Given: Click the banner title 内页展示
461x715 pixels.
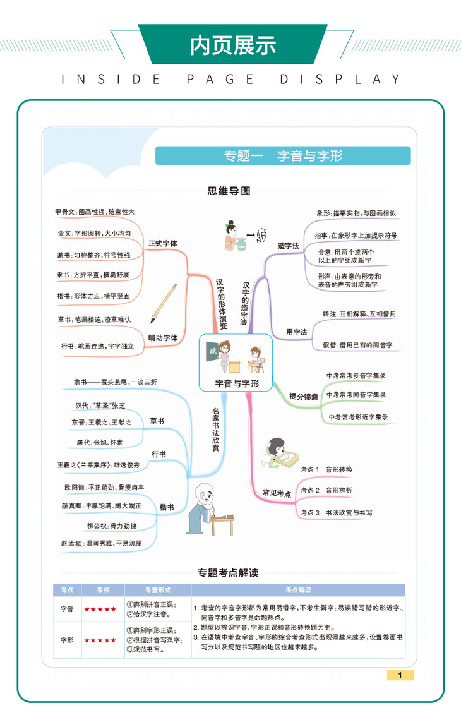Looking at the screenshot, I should click(x=233, y=45).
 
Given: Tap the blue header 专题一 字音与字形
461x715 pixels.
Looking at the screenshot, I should click(x=284, y=156).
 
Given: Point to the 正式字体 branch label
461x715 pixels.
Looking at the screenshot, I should click(x=163, y=243).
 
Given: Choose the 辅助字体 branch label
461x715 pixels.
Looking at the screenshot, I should click(x=163, y=337).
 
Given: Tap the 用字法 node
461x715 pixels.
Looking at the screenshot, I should click(x=296, y=332).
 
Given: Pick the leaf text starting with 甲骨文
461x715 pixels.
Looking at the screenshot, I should click(x=94, y=212).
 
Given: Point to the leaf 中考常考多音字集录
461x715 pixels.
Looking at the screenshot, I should click(x=356, y=376).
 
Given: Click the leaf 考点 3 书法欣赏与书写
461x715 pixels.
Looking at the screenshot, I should click(x=336, y=512).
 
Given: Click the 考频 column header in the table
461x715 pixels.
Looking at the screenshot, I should click(x=102, y=589).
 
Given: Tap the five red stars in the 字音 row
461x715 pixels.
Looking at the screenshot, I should click(x=102, y=610).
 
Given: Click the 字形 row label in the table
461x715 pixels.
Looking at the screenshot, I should click(x=67, y=640).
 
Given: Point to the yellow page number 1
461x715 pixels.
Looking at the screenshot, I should click(x=400, y=675).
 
